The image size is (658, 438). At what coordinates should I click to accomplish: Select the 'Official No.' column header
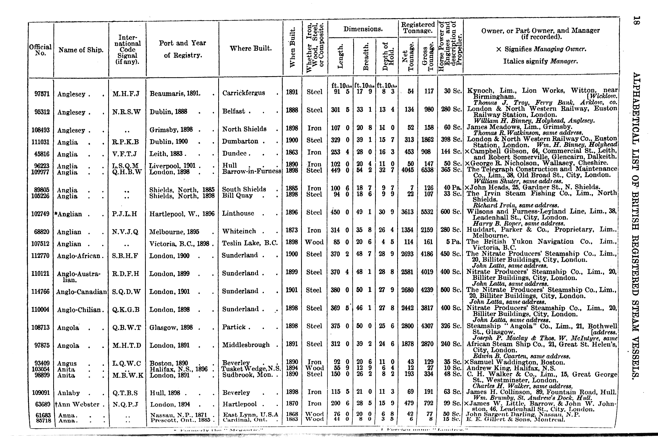click(40, 50)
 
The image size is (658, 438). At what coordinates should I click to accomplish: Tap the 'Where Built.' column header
click(251, 48)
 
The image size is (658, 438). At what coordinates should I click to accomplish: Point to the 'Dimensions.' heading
click(363, 29)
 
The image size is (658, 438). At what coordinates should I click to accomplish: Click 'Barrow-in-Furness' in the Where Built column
click(252, 171)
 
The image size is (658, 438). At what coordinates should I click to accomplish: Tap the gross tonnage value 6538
click(427, 170)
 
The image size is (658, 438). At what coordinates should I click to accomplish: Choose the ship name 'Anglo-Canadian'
click(81, 292)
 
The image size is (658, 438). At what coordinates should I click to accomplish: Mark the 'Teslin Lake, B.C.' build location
click(250, 243)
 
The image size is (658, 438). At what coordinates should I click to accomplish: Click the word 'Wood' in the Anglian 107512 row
click(314, 242)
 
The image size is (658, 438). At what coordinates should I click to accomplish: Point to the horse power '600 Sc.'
click(451, 212)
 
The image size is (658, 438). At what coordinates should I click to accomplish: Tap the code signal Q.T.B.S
click(125, 393)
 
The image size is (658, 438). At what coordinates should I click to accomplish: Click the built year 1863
click(292, 152)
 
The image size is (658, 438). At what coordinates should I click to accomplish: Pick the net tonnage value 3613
click(407, 212)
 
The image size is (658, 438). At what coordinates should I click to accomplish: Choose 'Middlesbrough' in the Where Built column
click(246, 345)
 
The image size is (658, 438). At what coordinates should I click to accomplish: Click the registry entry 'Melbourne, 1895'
click(174, 231)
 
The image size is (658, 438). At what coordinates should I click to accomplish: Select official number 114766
click(40, 292)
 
